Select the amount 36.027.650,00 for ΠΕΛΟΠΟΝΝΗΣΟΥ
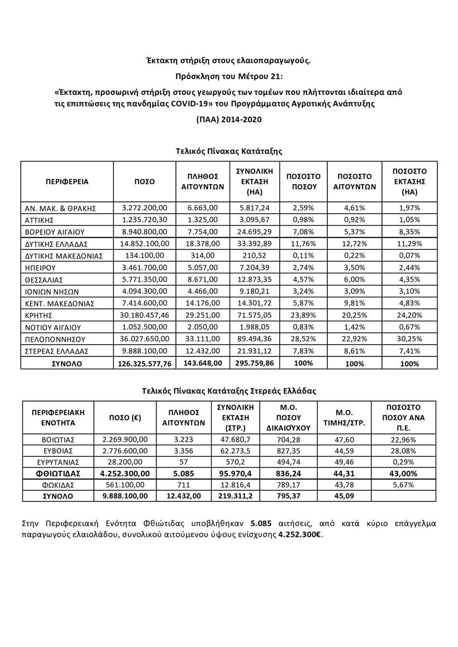(x=145, y=339)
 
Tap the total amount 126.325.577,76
(x=145, y=363)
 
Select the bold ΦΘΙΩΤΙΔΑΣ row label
(x=54, y=474)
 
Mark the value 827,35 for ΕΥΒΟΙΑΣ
(x=288, y=451)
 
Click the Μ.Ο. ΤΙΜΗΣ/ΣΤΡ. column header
(x=344, y=417)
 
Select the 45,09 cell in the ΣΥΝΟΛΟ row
(x=344, y=496)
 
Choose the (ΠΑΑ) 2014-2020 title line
(x=228, y=119)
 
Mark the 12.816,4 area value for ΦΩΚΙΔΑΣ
(x=238, y=485)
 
